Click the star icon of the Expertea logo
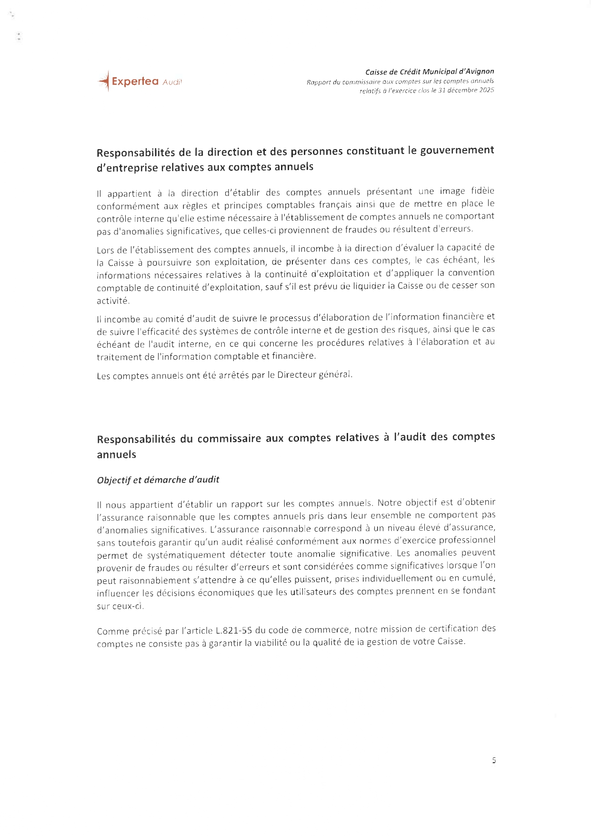(x=104, y=81)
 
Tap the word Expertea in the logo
(x=135, y=81)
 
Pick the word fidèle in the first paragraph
(x=482, y=191)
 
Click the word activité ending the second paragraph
(x=113, y=301)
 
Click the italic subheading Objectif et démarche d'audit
(x=158, y=480)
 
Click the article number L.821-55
(x=234, y=631)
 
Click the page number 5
(x=494, y=760)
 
